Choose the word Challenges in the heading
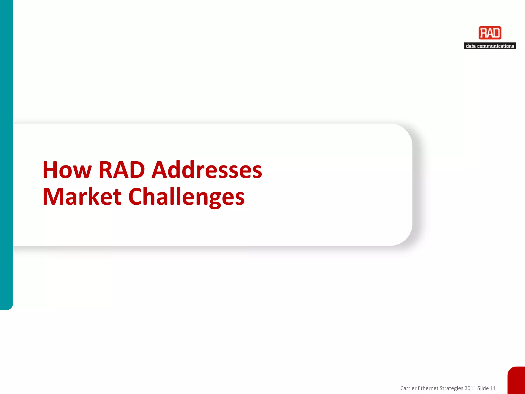tap(186, 197)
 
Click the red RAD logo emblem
tap(490, 33)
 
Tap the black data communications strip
tap(490, 46)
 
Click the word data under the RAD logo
tap(471, 46)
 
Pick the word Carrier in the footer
tap(408, 388)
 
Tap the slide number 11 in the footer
tap(493, 388)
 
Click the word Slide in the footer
tap(483, 388)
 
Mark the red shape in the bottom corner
tap(517, 381)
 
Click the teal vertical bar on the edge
tap(6, 154)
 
